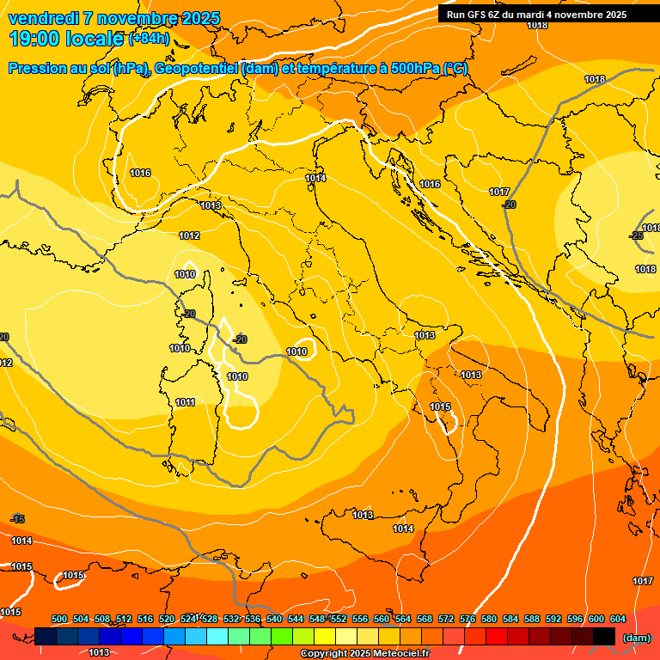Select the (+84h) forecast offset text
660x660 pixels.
coord(149,39)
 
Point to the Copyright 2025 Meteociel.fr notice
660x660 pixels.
coord(365,654)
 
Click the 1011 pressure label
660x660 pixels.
coord(186,402)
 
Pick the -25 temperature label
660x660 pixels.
coord(637,235)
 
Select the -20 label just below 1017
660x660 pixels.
coord(510,205)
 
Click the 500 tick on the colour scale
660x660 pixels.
coord(59,619)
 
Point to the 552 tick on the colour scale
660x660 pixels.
coord(339,619)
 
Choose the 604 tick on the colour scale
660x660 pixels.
coord(618,619)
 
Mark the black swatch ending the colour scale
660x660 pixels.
coord(605,636)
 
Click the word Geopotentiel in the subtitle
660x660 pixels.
coord(195,69)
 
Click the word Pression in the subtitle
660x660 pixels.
coord(35,69)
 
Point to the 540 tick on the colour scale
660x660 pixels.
coord(274,619)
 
